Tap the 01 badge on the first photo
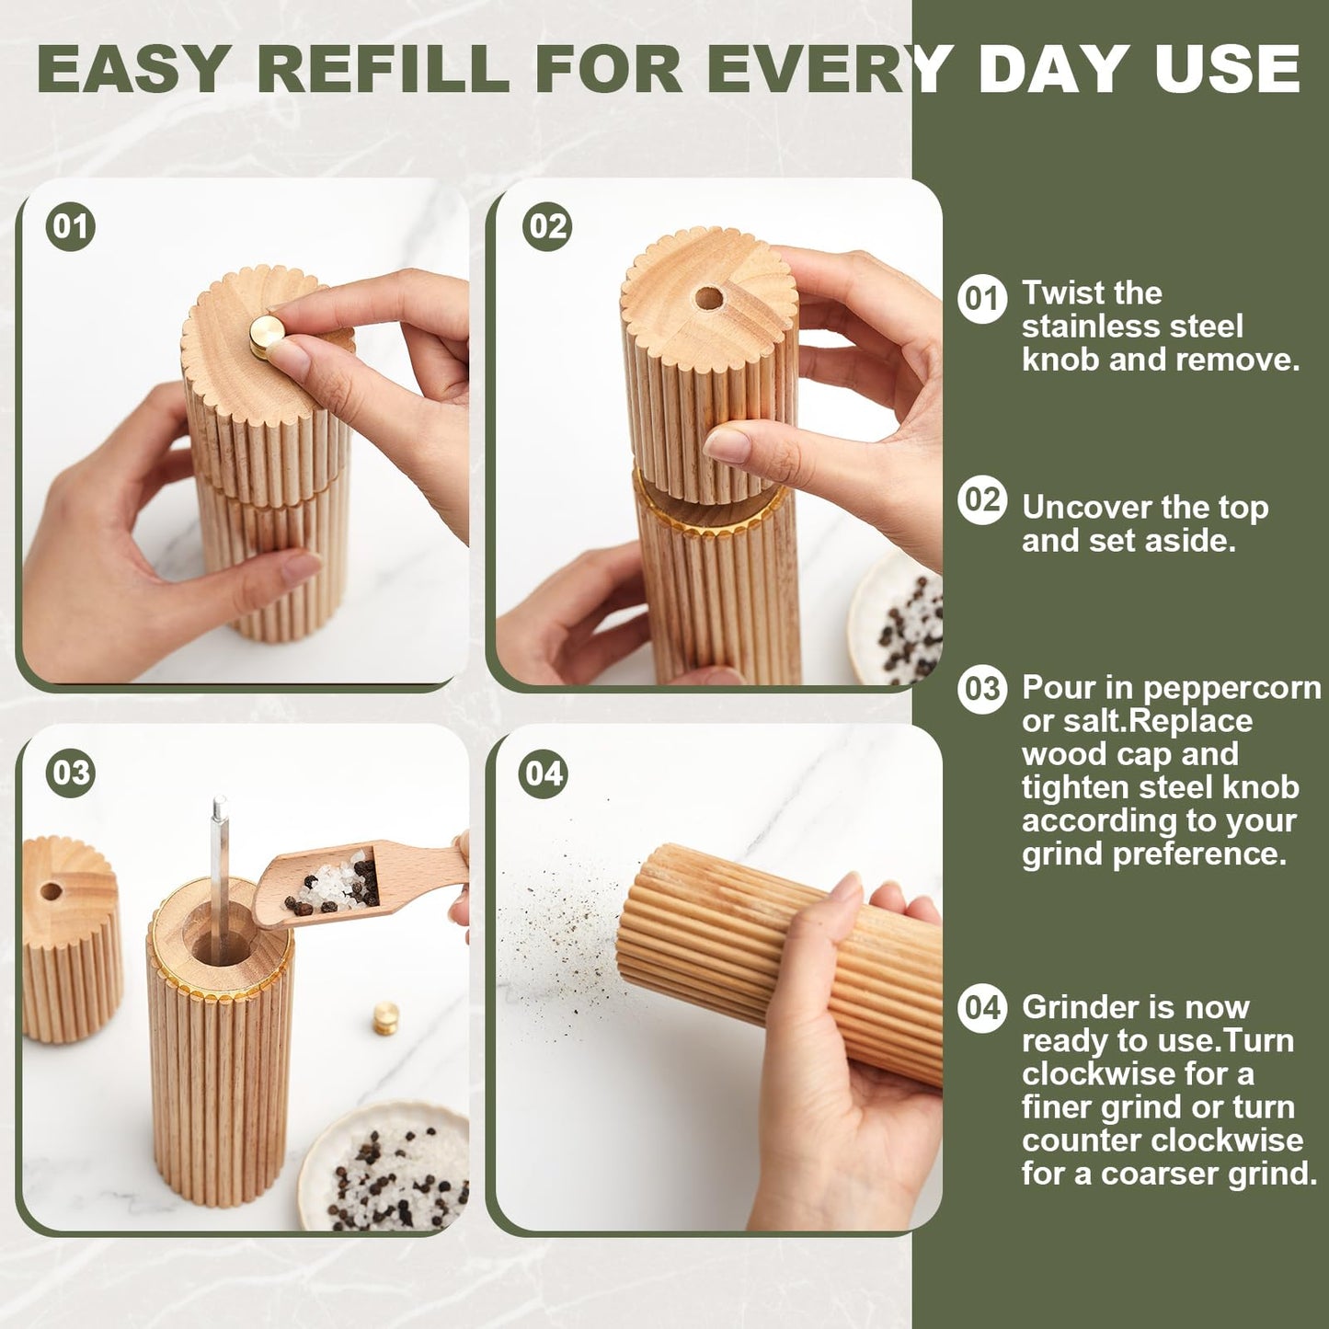pos(71,226)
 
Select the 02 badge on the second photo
pos(546,226)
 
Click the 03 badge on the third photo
pos(71,773)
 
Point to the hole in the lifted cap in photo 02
pos(708,298)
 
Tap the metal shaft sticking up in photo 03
pos(219,865)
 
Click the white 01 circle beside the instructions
pos(981,299)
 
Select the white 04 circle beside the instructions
pos(981,1008)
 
